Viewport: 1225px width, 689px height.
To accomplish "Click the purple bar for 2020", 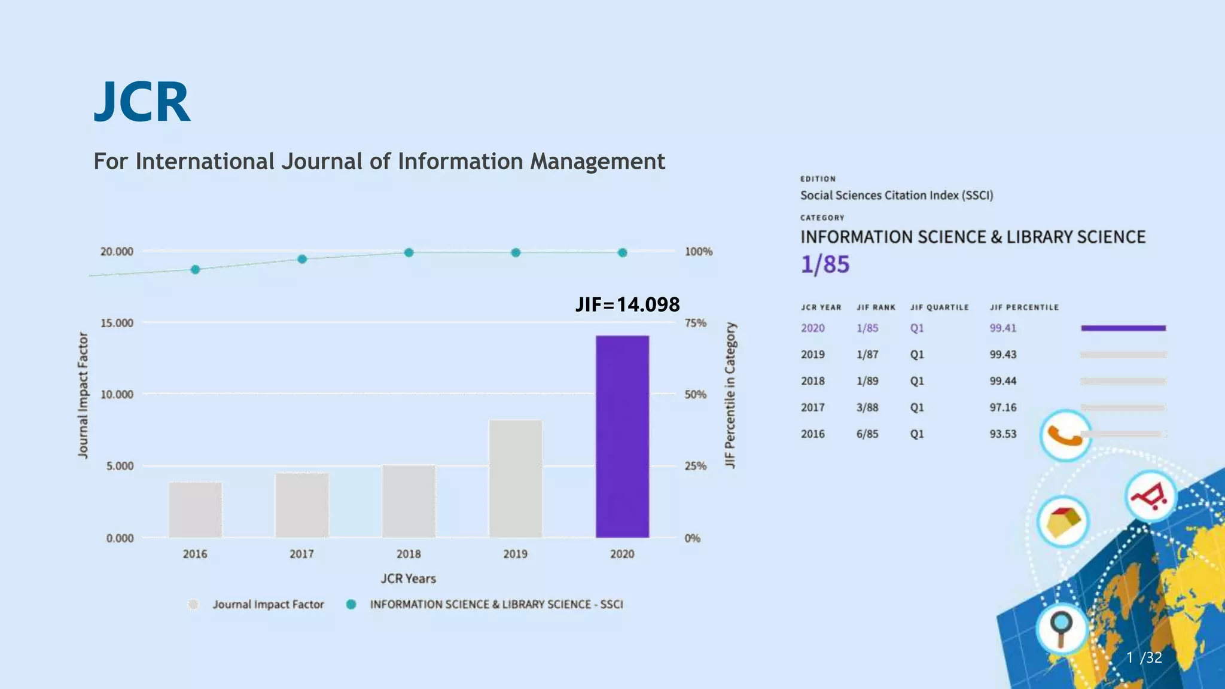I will point(622,437).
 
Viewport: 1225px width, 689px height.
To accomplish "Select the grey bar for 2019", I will point(516,478).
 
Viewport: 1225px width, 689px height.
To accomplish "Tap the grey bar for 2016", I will point(195,510).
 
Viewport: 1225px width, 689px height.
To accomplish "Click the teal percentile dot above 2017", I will point(302,259).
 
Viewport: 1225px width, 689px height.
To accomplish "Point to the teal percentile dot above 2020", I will point(622,253).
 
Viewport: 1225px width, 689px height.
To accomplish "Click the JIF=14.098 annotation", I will point(627,304).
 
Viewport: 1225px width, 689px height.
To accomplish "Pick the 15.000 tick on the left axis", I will point(117,323).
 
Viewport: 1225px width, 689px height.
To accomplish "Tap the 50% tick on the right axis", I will point(696,395).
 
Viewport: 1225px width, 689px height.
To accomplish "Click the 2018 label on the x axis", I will point(409,554).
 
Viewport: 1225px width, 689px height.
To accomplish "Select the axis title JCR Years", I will point(409,578).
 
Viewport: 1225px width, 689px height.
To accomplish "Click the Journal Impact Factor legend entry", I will point(267,605).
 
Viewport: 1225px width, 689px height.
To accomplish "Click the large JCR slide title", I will point(142,102).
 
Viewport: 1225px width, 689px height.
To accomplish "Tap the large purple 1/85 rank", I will point(825,264).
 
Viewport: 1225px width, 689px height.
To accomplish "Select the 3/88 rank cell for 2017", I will point(867,407).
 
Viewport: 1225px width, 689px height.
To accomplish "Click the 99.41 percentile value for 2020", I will point(1002,328).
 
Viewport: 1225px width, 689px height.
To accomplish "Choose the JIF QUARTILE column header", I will point(939,307).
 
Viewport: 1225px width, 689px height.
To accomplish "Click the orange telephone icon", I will point(1065,436).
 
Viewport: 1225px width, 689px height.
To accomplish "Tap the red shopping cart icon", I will point(1150,496).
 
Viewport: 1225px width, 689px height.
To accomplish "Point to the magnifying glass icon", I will point(1062,628).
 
